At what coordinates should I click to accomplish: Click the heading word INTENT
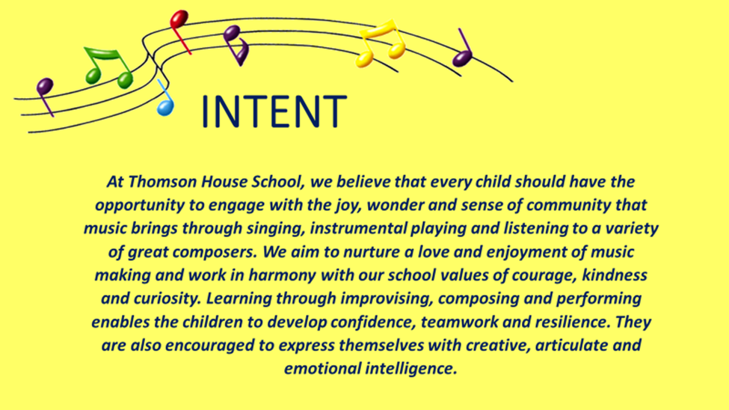274,111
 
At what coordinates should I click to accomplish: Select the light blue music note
164,98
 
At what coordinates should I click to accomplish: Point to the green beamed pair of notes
108,67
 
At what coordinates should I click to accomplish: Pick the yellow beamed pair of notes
381,43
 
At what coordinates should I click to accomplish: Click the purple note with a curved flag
236,45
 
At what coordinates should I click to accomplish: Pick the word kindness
615,275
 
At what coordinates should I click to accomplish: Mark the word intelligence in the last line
411,369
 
